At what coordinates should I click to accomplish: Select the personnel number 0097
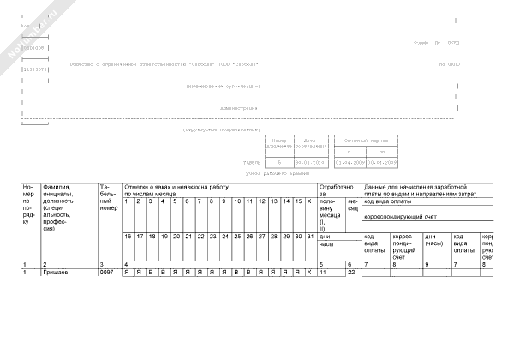[x=107, y=272]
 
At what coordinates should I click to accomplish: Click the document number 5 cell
[x=279, y=160]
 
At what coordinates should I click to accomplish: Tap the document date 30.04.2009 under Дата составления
[x=310, y=160]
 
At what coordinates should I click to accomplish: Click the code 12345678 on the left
[x=33, y=68]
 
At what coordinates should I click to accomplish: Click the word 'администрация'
[x=239, y=108]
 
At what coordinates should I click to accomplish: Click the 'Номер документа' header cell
[x=278, y=142]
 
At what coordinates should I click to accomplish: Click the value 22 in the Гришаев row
[x=350, y=272]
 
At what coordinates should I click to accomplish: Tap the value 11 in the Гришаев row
[x=323, y=272]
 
